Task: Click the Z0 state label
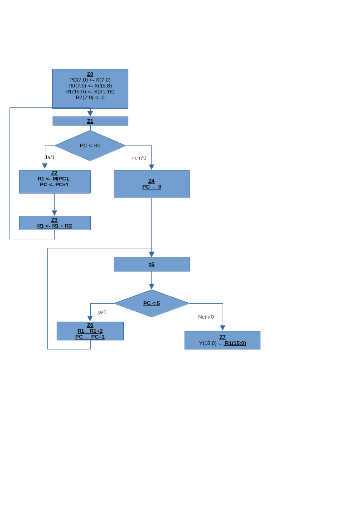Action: pyautogui.click(x=90, y=74)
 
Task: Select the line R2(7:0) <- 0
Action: pyautogui.click(x=90, y=97)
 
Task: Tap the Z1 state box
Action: pyautogui.click(x=90, y=121)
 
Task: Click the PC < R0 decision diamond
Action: pyautogui.click(x=90, y=145)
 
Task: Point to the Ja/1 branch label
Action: pyautogui.click(x=49, y=157)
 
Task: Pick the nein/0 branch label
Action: pyautogui.click(x=139, y=158)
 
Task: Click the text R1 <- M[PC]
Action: pyautogui.click(x=54, y=179)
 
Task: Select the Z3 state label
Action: pyautogui.click(x=54, y=220)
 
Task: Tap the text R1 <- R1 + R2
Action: pyautogui.click(x=54, y=226)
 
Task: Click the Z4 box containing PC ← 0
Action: pyautogui.click(x=151, y=184)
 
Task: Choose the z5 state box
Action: pyautogui.click(x=151, y=264)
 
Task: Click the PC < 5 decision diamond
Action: pyautogui.click(x=151, y=303)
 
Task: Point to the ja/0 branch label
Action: pyautogui.click(x=102, y=312)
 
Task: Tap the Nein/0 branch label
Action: pyautogui.click(x=206, y=317)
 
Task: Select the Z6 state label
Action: pyautogui.click(x=90, y=325)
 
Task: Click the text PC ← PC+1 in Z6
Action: pyautogui.click(x=90, y=337)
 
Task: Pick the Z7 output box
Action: pyautogui.click(x=223, y=340)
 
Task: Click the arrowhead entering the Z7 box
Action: pyautogui.click(x=223, y=328)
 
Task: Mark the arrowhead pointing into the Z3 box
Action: pyautogui.click(x=54, y=213)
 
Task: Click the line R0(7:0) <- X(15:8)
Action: pyautogui.click(x=90, y=86)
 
